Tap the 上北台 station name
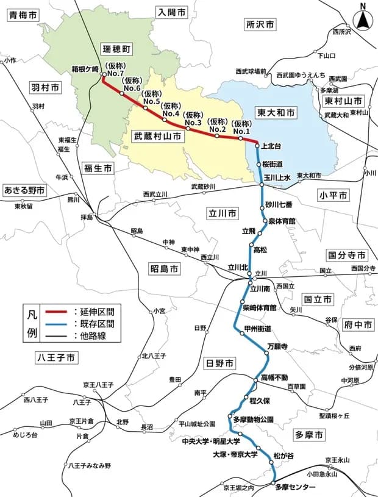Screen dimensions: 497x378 click(271, 146)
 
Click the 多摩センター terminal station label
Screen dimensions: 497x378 click(296, 487)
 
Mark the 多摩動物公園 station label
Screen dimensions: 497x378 click(253, 420)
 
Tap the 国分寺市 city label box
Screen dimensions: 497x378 click(347, 254)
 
